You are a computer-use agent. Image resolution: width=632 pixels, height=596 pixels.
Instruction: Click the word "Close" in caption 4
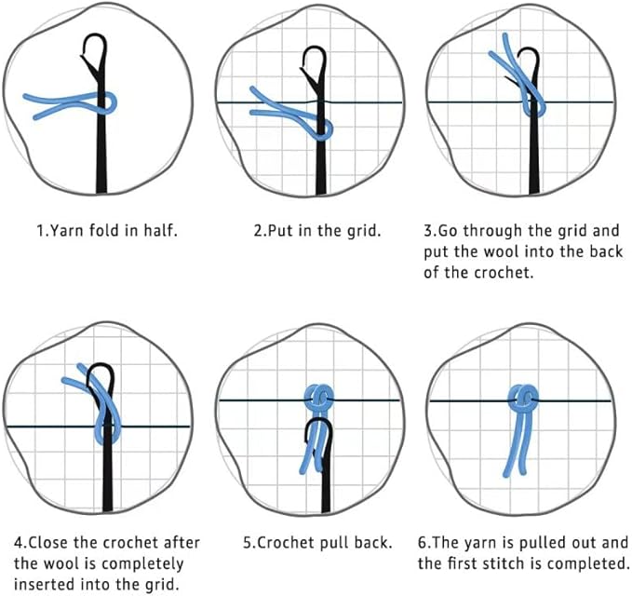click(x=47, y=542)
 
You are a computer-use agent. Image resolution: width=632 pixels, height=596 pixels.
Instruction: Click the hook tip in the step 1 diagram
click(x=84, y=55)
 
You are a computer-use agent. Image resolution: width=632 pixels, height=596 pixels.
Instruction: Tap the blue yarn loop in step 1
click(x=109, y=102)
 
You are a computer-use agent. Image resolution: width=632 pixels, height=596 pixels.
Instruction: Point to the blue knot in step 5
click(x=319, y=398)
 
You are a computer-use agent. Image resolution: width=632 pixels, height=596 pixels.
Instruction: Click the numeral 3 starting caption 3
click(x=428, y=231)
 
